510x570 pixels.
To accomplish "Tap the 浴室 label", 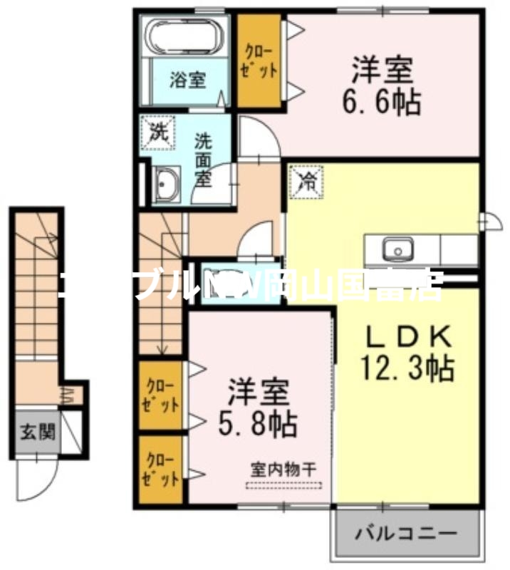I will (187, 81).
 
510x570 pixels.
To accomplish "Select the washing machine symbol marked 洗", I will (156, 132).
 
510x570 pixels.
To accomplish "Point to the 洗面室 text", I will (204, 158).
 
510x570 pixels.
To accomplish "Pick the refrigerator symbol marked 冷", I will (306, 181).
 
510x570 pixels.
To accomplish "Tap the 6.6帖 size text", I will (384, 103).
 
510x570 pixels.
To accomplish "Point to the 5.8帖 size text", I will (257, 424).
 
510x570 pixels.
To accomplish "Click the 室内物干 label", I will (283, 471).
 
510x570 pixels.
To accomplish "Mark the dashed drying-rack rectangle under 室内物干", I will (283, 487).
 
